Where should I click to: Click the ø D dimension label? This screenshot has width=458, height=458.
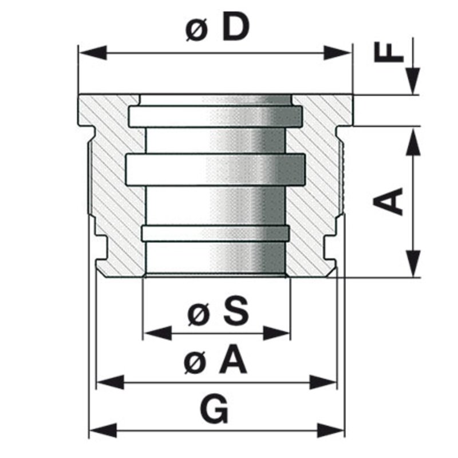point(218,29)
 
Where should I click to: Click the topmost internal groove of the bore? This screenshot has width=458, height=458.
point(215,116)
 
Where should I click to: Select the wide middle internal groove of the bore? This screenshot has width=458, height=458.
point(215,170)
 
